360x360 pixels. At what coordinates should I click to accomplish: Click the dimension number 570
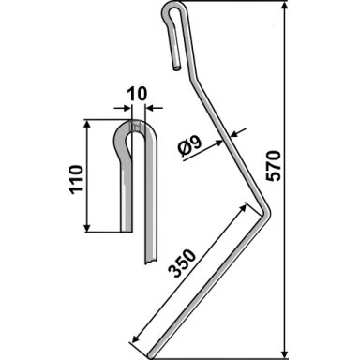[274, 166]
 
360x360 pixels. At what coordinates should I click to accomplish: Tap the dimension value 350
[182, 263]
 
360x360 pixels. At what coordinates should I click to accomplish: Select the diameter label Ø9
[190, 147]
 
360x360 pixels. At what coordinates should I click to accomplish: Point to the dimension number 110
[77, 180]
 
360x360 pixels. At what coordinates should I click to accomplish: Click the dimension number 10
[137, 94]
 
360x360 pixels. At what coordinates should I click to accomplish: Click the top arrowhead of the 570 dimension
[285, 7]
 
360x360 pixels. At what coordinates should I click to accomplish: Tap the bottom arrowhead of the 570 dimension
[285, 353]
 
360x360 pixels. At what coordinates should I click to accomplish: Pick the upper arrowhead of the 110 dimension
[87, 124]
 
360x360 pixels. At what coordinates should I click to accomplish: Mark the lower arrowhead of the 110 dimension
[87, 227]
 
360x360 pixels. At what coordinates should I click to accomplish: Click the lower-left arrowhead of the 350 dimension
[136, 339]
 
